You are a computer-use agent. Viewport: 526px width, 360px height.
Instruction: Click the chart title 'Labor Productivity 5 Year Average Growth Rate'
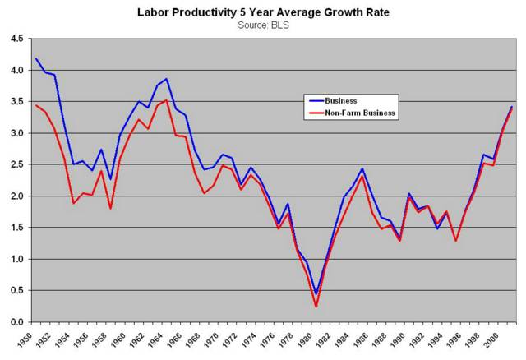click(262, 12)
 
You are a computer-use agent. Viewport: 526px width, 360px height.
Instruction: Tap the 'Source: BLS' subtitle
click(262, 25)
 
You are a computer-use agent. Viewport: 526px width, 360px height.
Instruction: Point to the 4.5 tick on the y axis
click(16, 39)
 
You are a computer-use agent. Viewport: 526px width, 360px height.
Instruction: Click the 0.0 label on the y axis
click(16, 321)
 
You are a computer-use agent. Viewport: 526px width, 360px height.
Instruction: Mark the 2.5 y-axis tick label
click(16, 164)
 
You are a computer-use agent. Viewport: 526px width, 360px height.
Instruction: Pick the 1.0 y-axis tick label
click(16, 259)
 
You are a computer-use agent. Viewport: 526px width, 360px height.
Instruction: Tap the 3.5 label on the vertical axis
click(16, 102)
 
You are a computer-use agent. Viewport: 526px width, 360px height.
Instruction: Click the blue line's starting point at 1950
click(35, 58)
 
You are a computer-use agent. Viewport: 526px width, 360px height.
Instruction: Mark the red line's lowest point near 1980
click(316, 307)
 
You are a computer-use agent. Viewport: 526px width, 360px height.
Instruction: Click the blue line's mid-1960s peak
click(167, 79)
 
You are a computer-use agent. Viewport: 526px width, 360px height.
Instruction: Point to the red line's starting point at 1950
click(35, 105)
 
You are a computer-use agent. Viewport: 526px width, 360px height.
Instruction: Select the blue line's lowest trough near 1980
click(316, 293)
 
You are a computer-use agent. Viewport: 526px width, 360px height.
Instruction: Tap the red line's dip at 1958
click(111, 208)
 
